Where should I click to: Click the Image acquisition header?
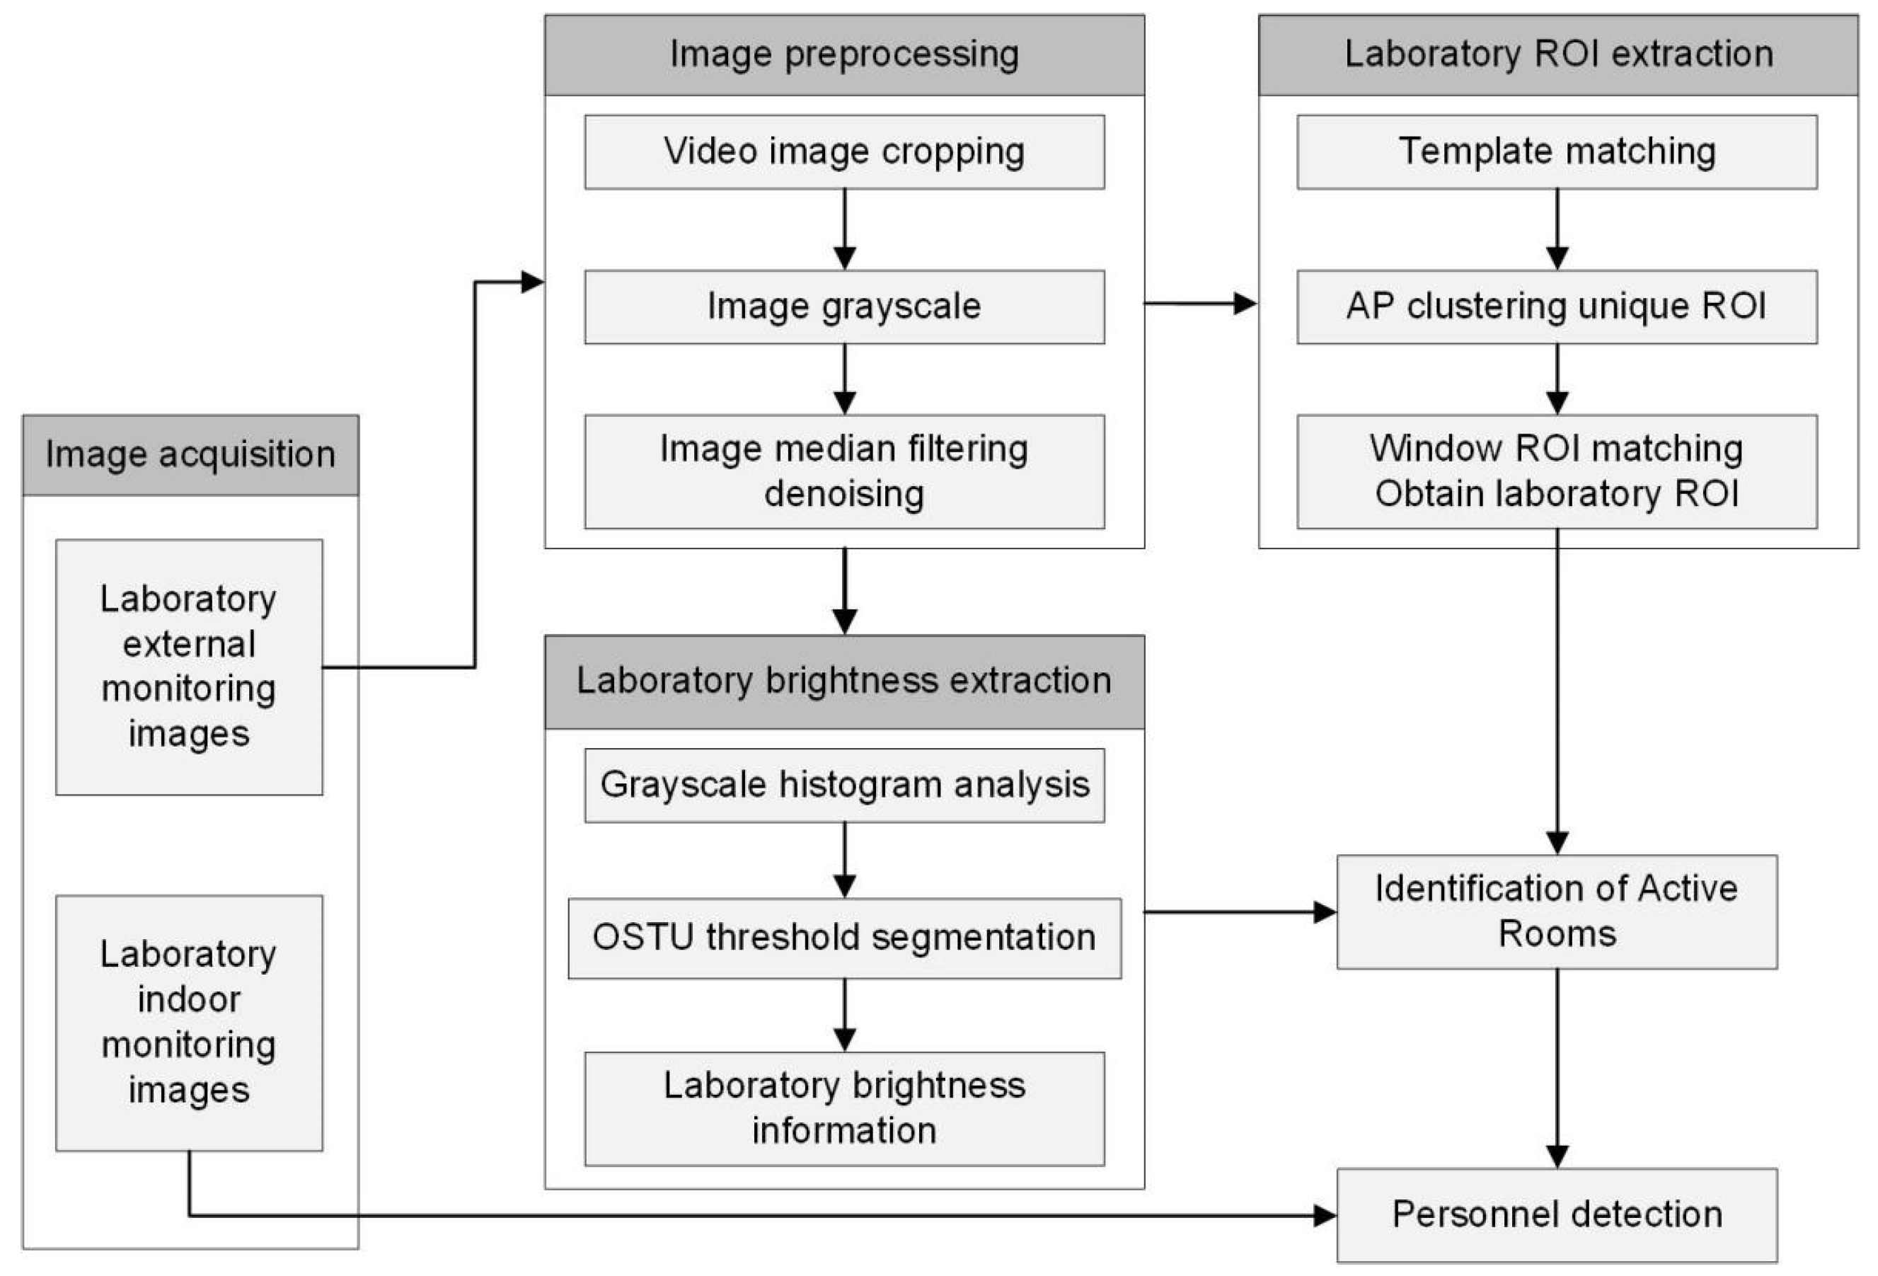pos(190,455)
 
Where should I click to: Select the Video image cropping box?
pos(844,152)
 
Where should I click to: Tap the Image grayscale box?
pos(844,307)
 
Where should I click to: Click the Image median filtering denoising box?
pos(844,471)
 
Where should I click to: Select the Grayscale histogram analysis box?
pos(844,785)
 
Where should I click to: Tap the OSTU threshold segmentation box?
pos(844,938)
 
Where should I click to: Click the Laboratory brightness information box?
pos(844,1108)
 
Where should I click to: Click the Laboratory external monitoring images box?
pos(189,667)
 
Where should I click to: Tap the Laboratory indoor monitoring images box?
pos(189,1022)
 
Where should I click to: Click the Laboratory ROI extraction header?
pos(1558,55)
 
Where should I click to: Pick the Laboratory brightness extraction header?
pos(844,682)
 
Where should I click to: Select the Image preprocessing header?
pos(844,55)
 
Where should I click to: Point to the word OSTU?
pos(643,938)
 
